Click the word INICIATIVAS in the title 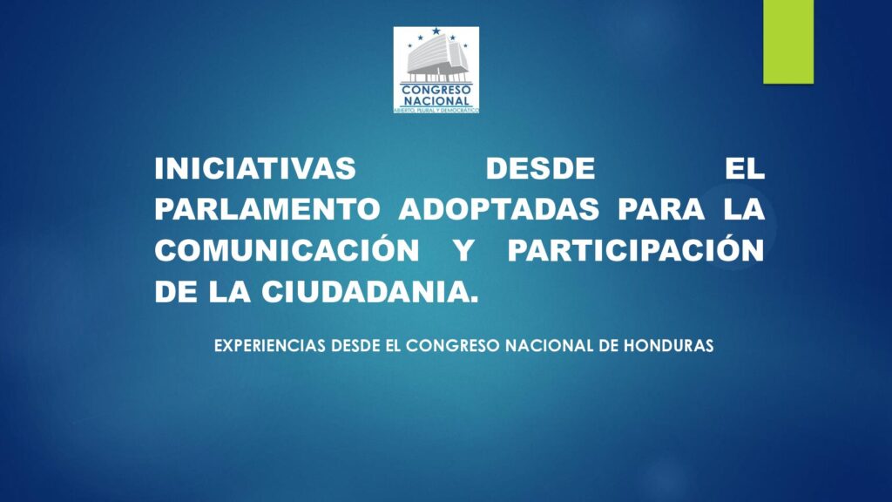pos(255,168)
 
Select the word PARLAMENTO pos(267,209)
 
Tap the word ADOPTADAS pos(498,209)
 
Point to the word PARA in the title pos(661,209)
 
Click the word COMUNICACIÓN pos(287,249)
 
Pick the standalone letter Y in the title pos(464,250)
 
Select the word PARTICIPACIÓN pos(636,249)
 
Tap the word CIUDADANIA pos(369,291)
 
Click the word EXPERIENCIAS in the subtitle pos(270,345)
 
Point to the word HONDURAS pos(668,345)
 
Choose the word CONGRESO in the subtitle pos(453,345)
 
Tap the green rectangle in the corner pos(788,42)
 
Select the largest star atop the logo pos(436,31)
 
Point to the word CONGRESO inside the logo pos(436,90)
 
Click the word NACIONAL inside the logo pos(436,101)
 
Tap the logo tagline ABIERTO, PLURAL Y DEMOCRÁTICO pos(436,109)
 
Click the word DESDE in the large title pos(540,168)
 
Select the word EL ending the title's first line pos(745,168)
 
